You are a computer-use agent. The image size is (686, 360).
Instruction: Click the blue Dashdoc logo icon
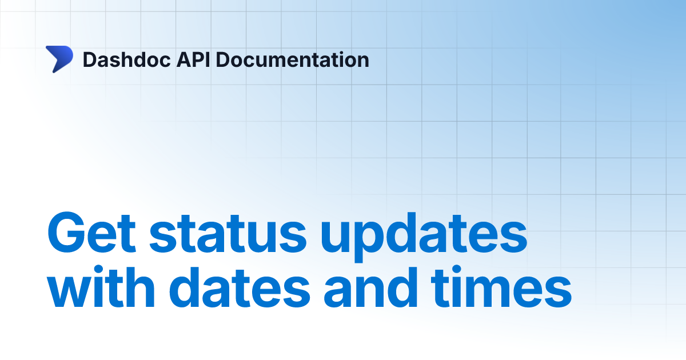59,59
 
